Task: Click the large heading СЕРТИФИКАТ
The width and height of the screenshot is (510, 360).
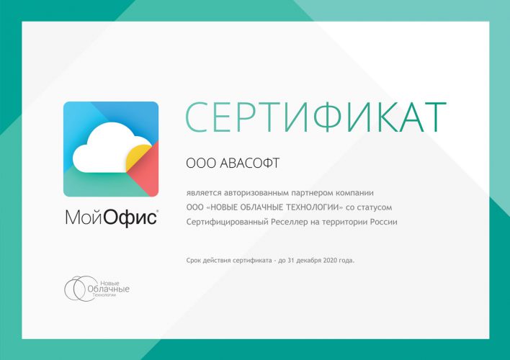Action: [x=316, y=117]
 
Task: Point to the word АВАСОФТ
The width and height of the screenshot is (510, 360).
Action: [x=249, y=163]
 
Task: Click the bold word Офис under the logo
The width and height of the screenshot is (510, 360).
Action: [x=130, y=217]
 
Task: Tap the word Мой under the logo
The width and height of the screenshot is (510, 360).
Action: [x=84, y=217]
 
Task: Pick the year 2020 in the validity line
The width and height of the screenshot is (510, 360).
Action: [x=330, y=261]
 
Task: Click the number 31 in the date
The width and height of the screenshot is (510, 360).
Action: [x=291, y=261]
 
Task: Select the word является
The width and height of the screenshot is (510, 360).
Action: [x=204, y=193]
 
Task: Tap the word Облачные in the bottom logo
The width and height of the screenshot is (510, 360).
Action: [x=108, y=289]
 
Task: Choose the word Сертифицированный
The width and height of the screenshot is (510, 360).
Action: [x=227, y=222]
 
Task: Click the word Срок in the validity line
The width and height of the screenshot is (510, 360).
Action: [x=193, y=261]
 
